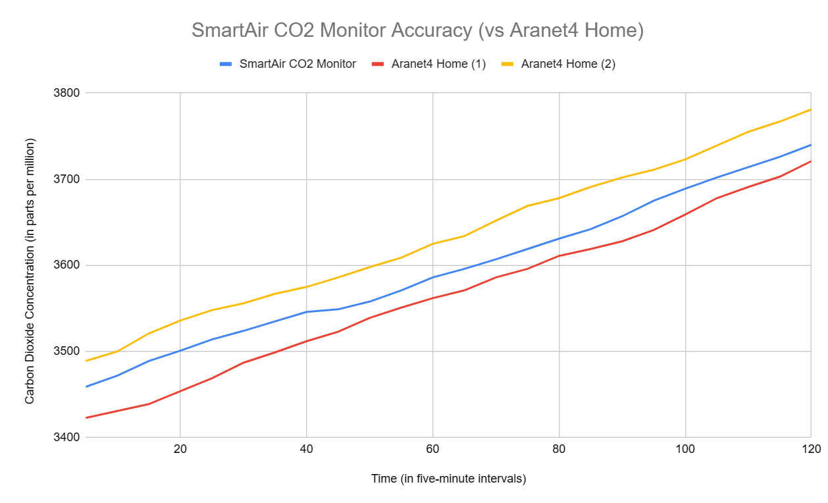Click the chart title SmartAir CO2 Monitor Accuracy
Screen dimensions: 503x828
pos(417,30)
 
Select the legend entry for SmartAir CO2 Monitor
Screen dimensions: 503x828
pos(298,64)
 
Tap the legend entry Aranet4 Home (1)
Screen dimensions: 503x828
pos(438,64)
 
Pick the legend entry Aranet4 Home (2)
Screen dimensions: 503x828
pos(567,64)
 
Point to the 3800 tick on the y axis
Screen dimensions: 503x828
pos(67,93)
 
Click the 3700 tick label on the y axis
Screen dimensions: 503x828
pos(67,179)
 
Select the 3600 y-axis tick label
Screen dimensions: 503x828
pos(67,265)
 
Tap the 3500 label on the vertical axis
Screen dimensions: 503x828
pos(67,352)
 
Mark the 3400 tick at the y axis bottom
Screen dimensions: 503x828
pos(67,437)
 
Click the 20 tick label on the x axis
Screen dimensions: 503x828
pos(180,450)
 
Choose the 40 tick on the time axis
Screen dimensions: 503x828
pos(306,450)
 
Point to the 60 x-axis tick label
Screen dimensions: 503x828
pos(432,450)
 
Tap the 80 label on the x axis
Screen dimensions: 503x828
pos(559,450)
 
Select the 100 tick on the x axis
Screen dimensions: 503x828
pos(685,450)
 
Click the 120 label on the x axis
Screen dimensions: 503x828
pos(810,450)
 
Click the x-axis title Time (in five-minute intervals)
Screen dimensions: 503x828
pos(448,479)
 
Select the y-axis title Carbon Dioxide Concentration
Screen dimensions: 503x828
pos(30,271)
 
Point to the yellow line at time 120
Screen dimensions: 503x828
pos(810,110)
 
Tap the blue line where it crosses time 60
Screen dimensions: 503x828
pos(432,277)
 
